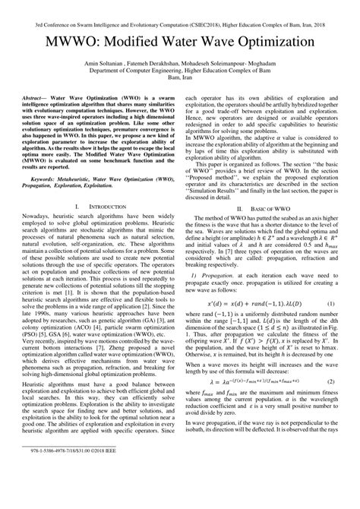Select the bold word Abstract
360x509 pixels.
pyautogui.click(x=39, y=120)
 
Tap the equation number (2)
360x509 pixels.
pyautogui.click(x=330, y=422)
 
